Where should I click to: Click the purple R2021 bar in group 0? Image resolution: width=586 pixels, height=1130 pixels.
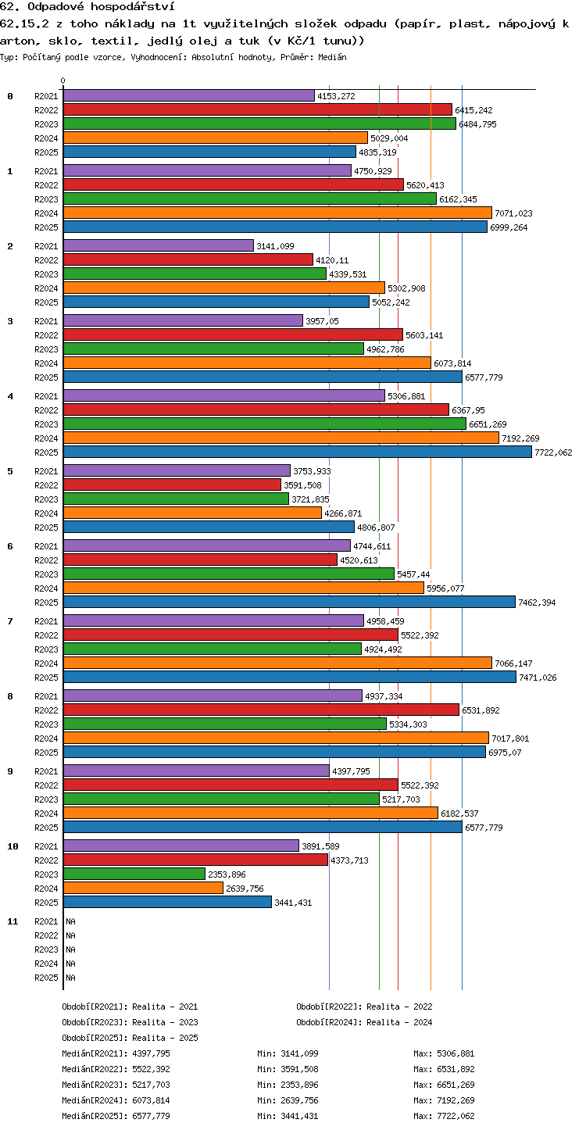point(189,96)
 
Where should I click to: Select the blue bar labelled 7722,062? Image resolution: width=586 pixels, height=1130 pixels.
point(298,452)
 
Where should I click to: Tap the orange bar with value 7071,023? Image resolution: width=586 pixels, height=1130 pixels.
point(278,213)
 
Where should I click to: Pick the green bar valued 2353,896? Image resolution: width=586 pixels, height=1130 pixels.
point(134,874)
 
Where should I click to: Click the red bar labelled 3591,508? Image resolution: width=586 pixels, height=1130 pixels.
point(173,485)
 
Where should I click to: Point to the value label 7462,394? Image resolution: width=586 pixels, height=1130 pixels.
point(537,603)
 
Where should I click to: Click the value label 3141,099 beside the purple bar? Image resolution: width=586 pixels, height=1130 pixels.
point(275,246)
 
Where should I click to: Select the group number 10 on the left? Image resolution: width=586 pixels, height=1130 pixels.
point(13,846)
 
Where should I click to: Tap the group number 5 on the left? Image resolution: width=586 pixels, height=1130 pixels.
point(10,471)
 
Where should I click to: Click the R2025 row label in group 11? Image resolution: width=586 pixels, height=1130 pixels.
point(46,977)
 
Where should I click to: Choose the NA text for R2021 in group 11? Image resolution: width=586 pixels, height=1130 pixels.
point(70,921)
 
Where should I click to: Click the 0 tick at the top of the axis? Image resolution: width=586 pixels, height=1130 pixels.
point(63,80)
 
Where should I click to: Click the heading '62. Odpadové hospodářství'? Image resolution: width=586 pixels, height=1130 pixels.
point(88,6)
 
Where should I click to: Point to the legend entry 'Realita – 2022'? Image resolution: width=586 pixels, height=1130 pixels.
point(399,1007)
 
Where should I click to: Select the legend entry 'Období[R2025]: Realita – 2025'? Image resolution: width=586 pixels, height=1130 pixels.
point(130,1038)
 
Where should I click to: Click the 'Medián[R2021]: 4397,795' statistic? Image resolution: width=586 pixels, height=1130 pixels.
point(116,1053)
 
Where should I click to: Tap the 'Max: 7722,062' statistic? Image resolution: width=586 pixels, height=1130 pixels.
point(444,1116)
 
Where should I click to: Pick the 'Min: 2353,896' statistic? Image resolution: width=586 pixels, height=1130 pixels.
point(288,1085)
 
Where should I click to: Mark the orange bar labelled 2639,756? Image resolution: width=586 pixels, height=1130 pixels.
point(144,888)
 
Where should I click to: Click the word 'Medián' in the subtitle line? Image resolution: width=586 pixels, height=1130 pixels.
point(332,57)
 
